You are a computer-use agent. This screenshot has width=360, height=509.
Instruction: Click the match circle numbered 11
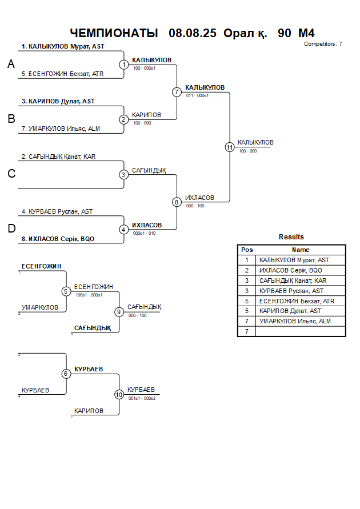(x=230, y=147)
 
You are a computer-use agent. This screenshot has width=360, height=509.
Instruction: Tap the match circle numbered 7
(x=177, y=92)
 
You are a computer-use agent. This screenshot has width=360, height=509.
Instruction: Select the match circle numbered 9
(x=119, y=312)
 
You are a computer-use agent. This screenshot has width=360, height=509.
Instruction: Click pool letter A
(x=11, y=65)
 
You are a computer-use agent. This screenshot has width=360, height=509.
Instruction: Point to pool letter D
(x=11, y=229)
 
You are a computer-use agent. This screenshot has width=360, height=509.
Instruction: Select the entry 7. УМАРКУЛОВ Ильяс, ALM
(x=61, y=129)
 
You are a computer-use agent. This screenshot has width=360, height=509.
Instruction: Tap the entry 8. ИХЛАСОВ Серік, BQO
(x=58, y=239)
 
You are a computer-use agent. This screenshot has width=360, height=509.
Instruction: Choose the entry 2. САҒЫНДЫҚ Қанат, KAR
(x=58, y=157)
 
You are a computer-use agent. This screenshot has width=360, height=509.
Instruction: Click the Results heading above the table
(x=291, y=237)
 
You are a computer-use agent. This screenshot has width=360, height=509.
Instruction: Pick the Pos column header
(x=247, y=250)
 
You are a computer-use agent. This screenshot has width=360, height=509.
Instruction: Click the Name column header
(x=301, y=250)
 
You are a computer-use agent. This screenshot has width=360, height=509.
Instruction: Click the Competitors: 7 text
(x=323, y=44)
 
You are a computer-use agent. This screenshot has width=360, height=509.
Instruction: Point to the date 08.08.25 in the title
(x=193, y=33)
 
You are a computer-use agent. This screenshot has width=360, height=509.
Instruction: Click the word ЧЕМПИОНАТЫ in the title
(x=114, y=33)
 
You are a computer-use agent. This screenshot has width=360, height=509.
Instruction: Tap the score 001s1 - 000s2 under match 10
(x=142, y=398)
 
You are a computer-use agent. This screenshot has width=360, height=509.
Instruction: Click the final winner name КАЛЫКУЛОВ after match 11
(x=255, y=142)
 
